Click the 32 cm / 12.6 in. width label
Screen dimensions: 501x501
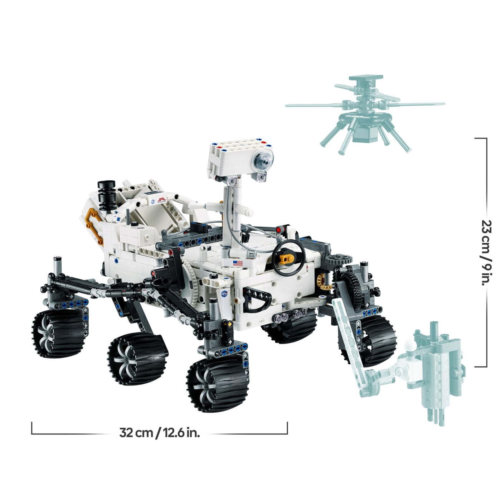(160, 433)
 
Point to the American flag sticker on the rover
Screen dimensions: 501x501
(238, 263)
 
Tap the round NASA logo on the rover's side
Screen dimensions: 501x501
(224, 294)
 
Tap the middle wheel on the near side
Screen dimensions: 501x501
(138, 359)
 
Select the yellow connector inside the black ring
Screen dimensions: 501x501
(288, 259)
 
